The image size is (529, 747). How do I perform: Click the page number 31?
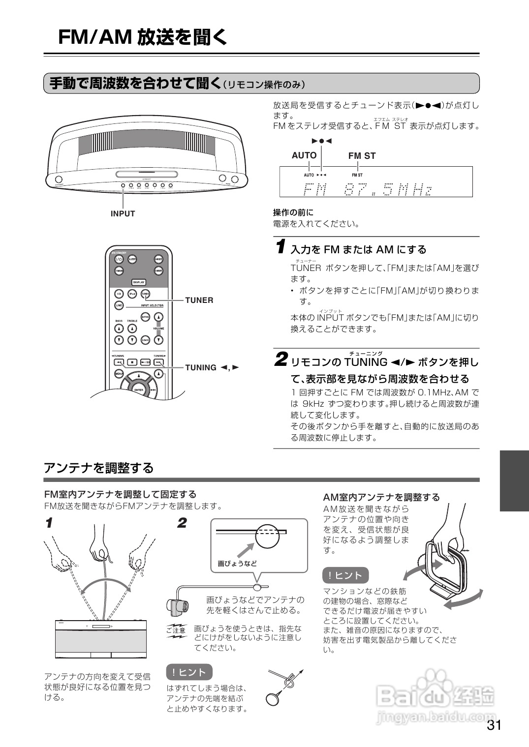(x=494, y=725)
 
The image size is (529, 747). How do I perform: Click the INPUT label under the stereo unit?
(x=123, y=214)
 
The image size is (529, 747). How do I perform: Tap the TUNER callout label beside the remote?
(x=199, y=300)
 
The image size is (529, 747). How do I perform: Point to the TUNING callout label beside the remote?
(x=211, y=368)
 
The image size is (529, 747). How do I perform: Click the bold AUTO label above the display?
(x=304, y=155)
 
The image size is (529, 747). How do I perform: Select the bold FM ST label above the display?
(x=362, y=156)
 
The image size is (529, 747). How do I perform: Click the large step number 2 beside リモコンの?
(x=280, y=359)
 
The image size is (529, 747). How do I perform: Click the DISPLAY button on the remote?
(x=138, y=282)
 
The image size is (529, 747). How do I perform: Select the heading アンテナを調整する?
(x=99, y=468)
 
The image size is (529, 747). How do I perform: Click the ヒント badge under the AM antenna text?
(x=345, y=575)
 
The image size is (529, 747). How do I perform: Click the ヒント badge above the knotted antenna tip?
(x=189, y=672)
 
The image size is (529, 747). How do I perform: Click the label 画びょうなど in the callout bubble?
(x=237, y=564)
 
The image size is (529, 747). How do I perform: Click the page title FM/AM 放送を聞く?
(x=143, y=37)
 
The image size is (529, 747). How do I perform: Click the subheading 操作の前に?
(x=293, y=212)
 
